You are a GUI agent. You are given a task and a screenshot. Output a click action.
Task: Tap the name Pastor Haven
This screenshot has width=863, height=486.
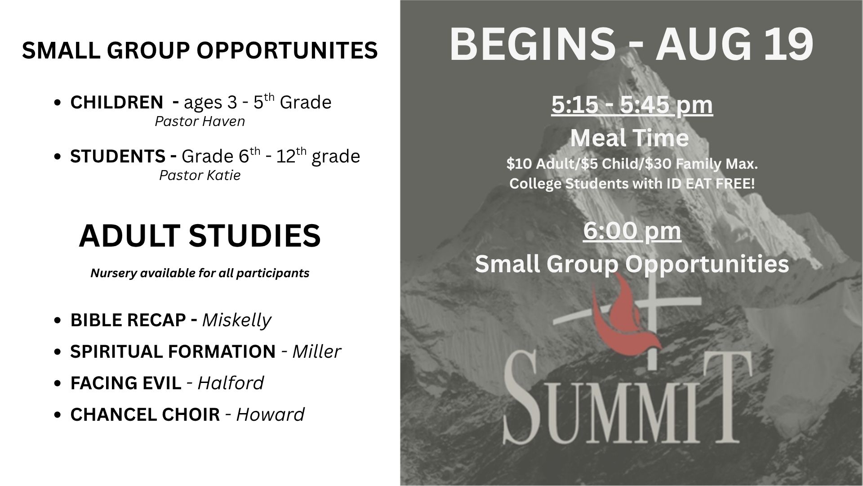pyautogui.click(x=200, y=121)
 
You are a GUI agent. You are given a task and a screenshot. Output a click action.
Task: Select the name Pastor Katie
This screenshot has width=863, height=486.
pyautogui.click(x=200, y=175)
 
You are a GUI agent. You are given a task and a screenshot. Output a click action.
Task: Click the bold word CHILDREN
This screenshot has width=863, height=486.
pyautogui.click(x=116, y=103)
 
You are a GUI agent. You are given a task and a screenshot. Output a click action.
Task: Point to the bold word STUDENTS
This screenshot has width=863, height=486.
pyautogui.click(x=118, y=157)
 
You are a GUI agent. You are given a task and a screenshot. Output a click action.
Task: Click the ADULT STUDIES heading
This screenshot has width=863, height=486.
pyautogui.click(x=200, y=236)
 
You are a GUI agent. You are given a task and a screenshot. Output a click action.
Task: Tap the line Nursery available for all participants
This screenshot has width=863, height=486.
pyautogui.click(x=200, y=273)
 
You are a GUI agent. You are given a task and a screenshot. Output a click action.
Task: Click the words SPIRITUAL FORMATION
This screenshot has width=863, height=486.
pyautogui.click(x=173, y=352)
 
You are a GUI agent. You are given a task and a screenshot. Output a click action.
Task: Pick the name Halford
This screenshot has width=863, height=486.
pyautogui.click(x=231, y=383)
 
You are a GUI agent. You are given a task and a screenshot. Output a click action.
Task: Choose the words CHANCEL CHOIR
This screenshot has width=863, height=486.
pyautogui.click(x=145, y=415)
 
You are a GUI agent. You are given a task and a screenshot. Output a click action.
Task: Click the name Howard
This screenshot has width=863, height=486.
pyautogui.click(x=271, y=415)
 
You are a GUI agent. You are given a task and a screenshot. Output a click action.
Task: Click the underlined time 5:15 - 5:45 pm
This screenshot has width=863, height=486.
pyautogui.click(x=632, y=105)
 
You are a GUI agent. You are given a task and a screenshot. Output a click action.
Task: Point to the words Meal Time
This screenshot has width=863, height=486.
pyautogui.click(x=629, y=138)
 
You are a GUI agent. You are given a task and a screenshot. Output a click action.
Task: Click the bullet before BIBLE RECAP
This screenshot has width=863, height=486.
pyautogui.click(x=57, y=321)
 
